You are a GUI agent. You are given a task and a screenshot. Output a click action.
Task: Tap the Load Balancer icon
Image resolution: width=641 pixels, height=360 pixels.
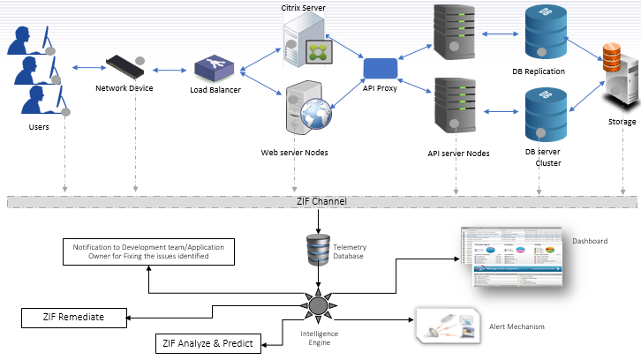coord(212,69)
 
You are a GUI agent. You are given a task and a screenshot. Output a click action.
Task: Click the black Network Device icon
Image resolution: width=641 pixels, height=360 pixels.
coord(126,66)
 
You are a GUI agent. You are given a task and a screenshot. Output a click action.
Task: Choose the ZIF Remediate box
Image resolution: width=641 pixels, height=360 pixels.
coord(73,317)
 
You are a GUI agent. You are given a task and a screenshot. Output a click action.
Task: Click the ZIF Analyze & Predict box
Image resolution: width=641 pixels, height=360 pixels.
coord(209,343)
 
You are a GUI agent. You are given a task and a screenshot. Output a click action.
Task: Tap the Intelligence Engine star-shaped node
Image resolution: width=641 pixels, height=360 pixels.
coord(319,306)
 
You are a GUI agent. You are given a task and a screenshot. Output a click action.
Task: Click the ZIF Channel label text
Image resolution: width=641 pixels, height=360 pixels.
coord(321,202)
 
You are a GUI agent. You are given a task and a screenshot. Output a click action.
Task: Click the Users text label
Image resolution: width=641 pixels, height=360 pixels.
coord(38,127)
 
